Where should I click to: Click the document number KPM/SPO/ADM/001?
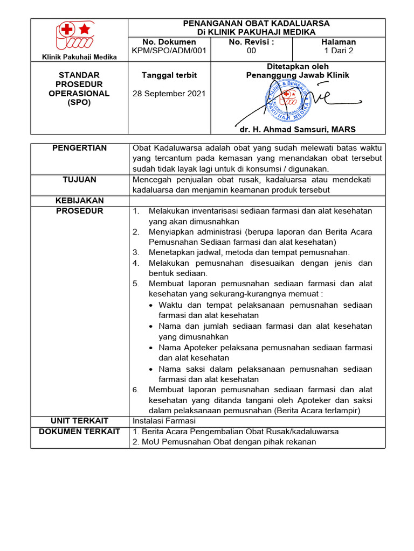[x=169, y=51]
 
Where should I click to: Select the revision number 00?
[x=251, y=51]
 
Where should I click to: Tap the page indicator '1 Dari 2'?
[x=339, y=51]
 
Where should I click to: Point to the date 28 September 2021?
[x=169, y=93]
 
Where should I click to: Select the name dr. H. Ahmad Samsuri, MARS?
[x=298, y=129]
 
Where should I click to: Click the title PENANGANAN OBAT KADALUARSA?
[x=257, y=24]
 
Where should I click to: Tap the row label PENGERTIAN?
[x=79, y=148]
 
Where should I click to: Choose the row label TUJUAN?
[x=79, y=180]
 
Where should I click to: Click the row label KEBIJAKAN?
[x=79, y=201]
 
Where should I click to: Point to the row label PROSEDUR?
[x=79, y=211]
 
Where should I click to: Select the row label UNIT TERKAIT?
[x=79, y=421]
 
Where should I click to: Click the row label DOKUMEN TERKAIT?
[x=79, y=432]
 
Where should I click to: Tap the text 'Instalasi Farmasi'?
[x=164, y=421]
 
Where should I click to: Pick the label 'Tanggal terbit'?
[x=169, y=75]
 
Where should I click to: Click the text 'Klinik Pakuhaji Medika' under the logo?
[x=79, y=57]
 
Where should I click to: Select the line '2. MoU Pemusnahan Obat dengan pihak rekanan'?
[x=224, y=442]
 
